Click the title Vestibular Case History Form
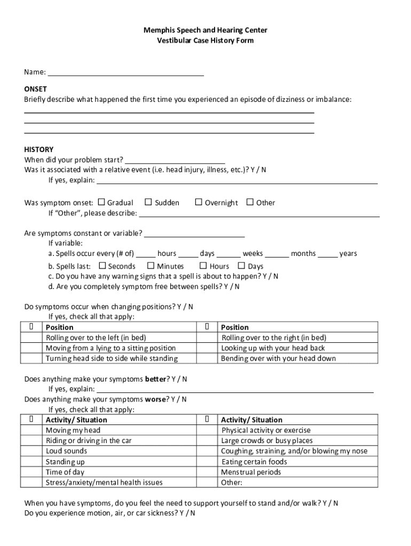(205, 41)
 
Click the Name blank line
(125, 73)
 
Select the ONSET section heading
(35, 89)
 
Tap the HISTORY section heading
(38, 149)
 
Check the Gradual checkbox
(101, 202)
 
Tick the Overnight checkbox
(199, 202)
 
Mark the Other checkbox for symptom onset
(250, 202)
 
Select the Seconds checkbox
(102, 266)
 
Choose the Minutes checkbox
(151, 266)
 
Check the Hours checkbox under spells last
(203, 266)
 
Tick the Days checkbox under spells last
(241, 266)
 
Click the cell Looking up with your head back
(273, 348)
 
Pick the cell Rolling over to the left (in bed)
(96, 338)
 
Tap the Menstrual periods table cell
(251, 472)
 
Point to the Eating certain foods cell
(254, 462)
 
